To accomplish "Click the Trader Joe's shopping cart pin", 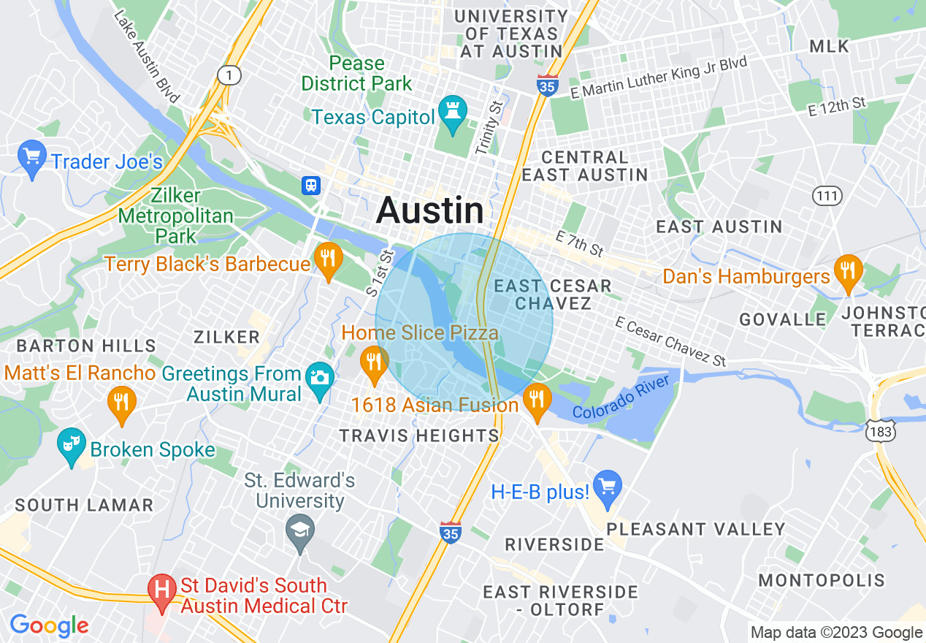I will (x=31, y=159).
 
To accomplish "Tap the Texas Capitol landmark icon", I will (x=453, y=114).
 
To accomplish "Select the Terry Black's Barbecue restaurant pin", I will (x=329, y=260).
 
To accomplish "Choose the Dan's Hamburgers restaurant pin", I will (x=848, y=272).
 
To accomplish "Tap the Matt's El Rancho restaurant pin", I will (x=121, y=404).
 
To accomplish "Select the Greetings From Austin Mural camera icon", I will (x=319, y=379).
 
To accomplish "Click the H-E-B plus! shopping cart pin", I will (x=607, y=488).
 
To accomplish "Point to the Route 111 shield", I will (x=827, y=195).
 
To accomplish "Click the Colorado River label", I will (x=621, y=397).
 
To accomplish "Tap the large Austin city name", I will (x=430, y=211).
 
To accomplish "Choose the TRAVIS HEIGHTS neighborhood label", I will (x=419, y=436).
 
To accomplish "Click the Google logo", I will (x=49, y=626).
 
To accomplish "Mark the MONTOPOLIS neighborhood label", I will (x=822, y=581).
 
